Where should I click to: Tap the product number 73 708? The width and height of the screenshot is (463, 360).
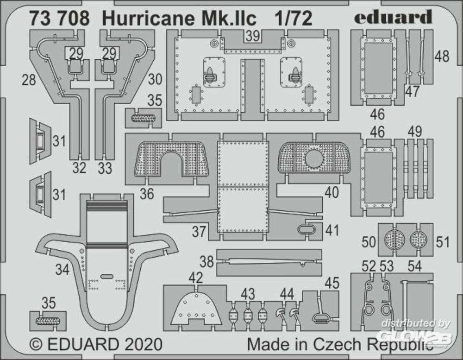[x=59, y=19]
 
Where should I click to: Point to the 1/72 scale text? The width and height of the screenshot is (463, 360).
[x=293, y=19]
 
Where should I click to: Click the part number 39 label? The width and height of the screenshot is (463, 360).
[x=253, y=36]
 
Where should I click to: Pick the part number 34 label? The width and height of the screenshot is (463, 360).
[x=62, y=270]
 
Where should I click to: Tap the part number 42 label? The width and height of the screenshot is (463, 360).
[x=195, y=278]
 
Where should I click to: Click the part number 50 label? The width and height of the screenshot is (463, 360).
[x=369, y=241]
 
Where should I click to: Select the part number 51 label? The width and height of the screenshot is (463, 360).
[x=442, y=242]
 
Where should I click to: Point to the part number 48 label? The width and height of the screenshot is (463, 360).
[x=442, y=56]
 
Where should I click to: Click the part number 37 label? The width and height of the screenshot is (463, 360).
[x=199, y=232]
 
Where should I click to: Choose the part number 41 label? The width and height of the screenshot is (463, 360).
[x=332, y=230]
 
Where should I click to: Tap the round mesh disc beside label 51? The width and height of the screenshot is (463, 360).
[x=418, y=239]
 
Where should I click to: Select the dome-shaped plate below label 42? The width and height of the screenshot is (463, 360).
[x=196, y=308]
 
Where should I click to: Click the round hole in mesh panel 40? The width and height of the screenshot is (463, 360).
[x=314, y=158]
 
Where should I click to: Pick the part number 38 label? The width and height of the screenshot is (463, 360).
[x=206, y=262]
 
